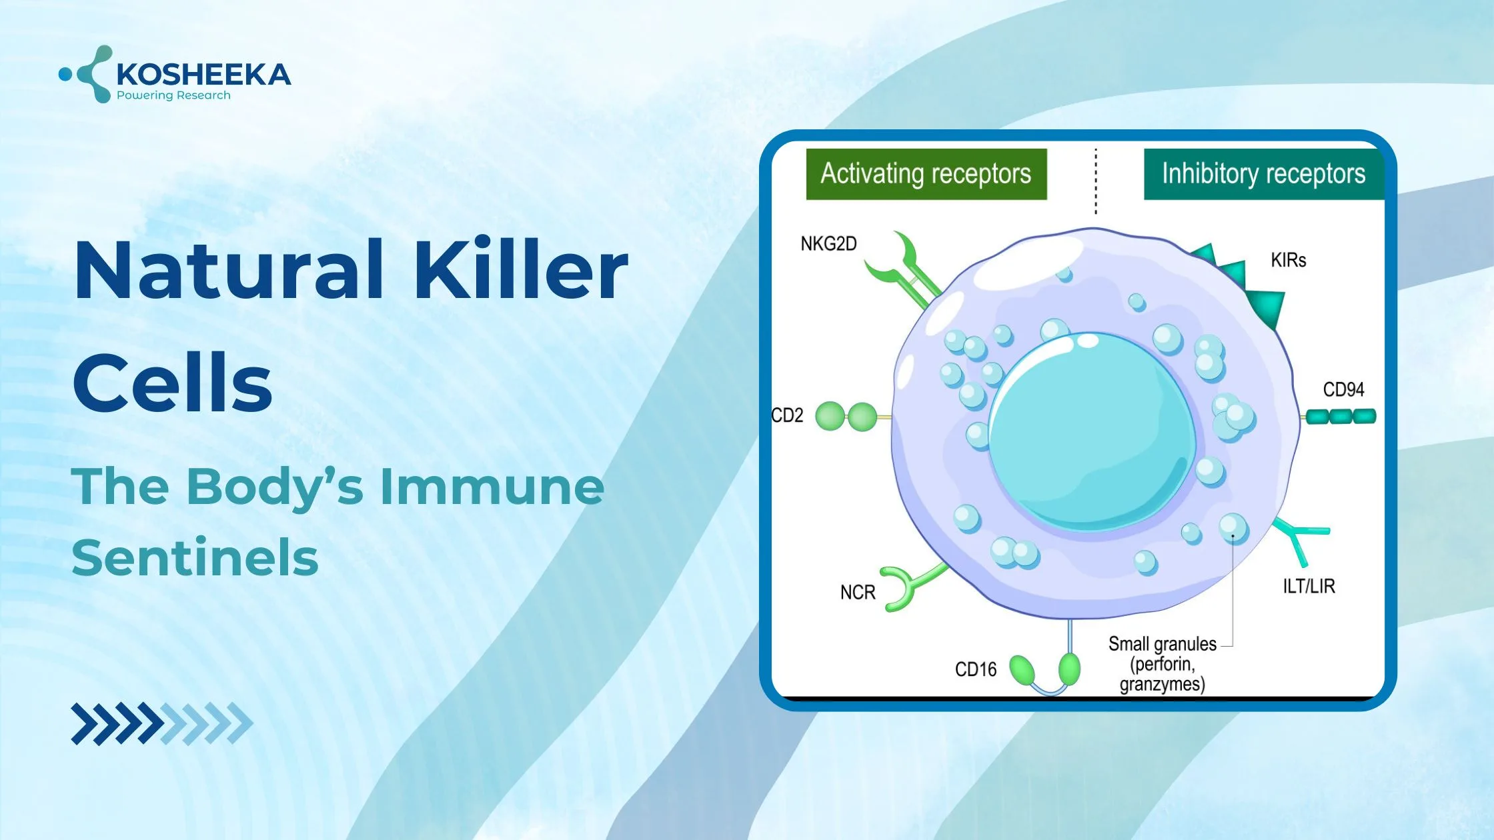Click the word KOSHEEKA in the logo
203,74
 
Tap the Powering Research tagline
173,95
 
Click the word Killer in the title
521,270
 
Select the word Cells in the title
173,383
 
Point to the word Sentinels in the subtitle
195,558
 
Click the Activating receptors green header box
926,174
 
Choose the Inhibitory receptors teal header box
1264,174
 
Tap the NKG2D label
828,244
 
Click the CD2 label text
787,415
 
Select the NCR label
858,593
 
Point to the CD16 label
976,669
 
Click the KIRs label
1289,260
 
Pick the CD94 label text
1344,389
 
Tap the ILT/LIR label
1309,586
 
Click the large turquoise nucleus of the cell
1092,432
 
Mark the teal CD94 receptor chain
1339,417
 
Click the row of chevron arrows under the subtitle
162,723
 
